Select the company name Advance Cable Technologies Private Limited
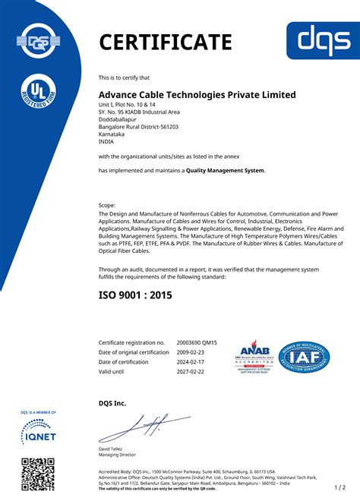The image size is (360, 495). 197,94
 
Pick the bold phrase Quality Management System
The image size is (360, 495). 226,171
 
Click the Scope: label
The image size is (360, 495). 107,206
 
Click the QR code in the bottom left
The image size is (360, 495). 37,475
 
